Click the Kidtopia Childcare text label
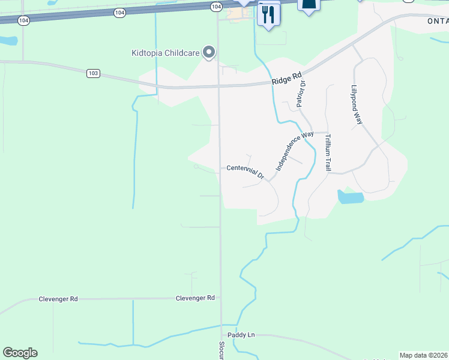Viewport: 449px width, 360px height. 166,53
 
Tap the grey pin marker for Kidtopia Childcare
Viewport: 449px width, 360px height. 209,53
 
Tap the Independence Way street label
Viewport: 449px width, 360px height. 295,151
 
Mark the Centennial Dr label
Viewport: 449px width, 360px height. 246,171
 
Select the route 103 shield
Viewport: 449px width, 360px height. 92,73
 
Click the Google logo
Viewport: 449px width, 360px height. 20,353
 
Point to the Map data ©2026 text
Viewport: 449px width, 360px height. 424,355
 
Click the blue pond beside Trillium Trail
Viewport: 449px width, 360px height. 351,197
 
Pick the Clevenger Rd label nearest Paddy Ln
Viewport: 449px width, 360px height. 195,298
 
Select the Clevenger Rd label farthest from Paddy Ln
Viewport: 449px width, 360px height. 58,299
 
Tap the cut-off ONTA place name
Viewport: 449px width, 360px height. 438,20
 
